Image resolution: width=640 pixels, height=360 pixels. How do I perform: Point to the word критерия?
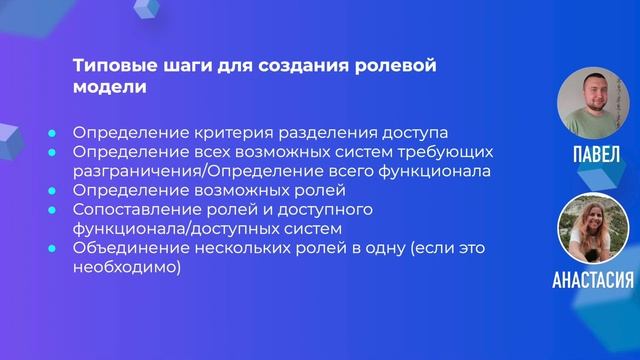[x=216, y=132]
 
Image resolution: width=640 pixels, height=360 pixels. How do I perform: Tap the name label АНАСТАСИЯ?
[x=592, y=279]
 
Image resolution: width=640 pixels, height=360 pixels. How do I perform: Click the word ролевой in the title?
[x=404, y=66]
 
